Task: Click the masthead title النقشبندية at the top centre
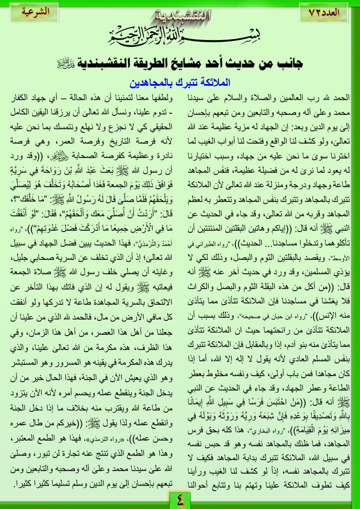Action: pos(180,17)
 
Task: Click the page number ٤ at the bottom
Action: pos(180,499)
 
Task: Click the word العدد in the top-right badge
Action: pos(336,12)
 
